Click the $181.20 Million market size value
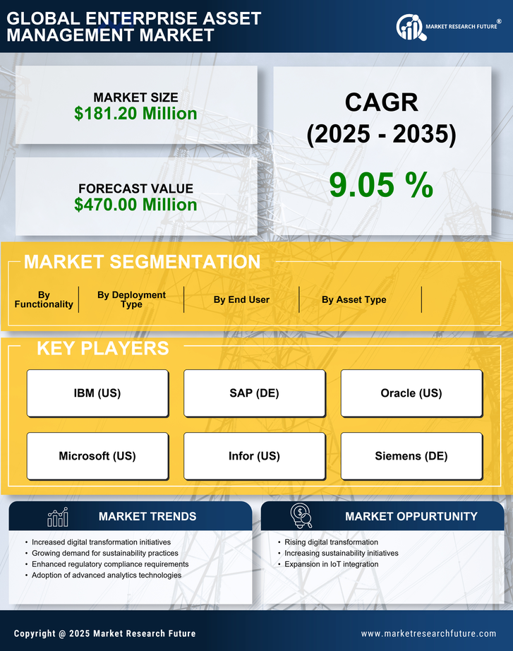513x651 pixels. [135, 113]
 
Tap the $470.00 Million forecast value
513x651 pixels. [135, 205]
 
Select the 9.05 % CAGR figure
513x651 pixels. [381, 185]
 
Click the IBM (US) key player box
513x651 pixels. [97, 393]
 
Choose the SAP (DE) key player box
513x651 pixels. [254, 393]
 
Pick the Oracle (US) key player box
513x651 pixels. [411, 393]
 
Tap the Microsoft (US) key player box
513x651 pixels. [97, 456]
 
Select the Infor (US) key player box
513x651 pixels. [254, 456]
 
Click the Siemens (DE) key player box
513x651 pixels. [411, 456]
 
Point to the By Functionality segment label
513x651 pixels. [44, 299]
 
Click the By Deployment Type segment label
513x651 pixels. [131, 299]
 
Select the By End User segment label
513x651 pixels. [241, 299]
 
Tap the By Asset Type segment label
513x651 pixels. [354, 299]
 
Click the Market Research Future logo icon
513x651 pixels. [409, 28]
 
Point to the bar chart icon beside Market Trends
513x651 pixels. [57, 517]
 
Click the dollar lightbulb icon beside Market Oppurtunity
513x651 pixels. [301, 516]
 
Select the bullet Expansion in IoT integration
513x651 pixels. [331, 564]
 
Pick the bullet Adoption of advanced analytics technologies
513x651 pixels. [107, 575]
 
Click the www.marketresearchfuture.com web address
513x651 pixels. [428, 633]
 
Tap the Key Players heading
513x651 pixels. [102, 348]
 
